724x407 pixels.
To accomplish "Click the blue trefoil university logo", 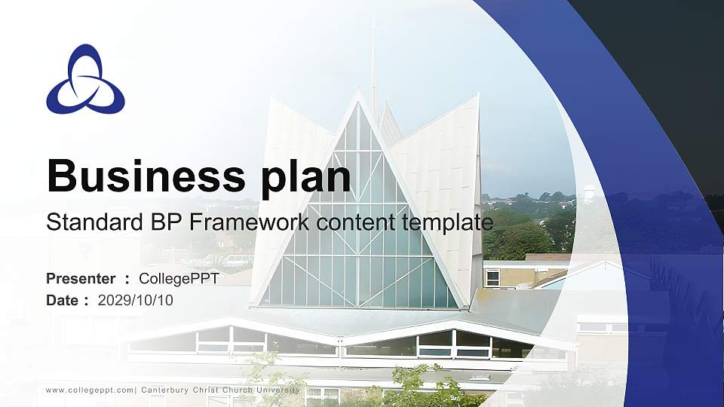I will click(85, 80).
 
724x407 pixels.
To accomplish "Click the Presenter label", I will click(81, 279).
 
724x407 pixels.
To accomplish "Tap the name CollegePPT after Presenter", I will click(179, 279).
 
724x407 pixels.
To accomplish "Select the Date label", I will click(63, 301).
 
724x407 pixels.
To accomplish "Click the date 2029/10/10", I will click(136, 301).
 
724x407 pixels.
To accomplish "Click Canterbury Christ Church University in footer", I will click(220, 390).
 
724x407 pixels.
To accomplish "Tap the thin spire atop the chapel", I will click(373, 60).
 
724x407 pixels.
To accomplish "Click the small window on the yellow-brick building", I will click(492, 278).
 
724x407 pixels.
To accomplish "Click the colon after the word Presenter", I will click(127, 280).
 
